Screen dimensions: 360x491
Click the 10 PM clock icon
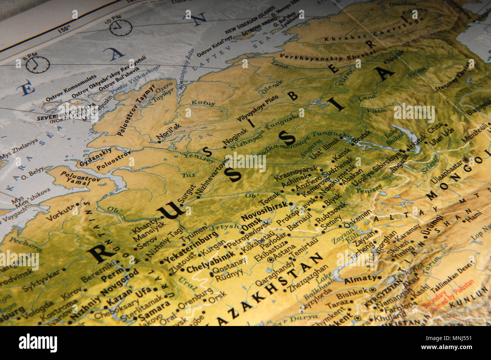coord(121,28)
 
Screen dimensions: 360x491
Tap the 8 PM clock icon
coord(38,65)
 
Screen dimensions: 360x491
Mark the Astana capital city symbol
coord(270,260)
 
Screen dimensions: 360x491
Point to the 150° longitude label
coord(64,28)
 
